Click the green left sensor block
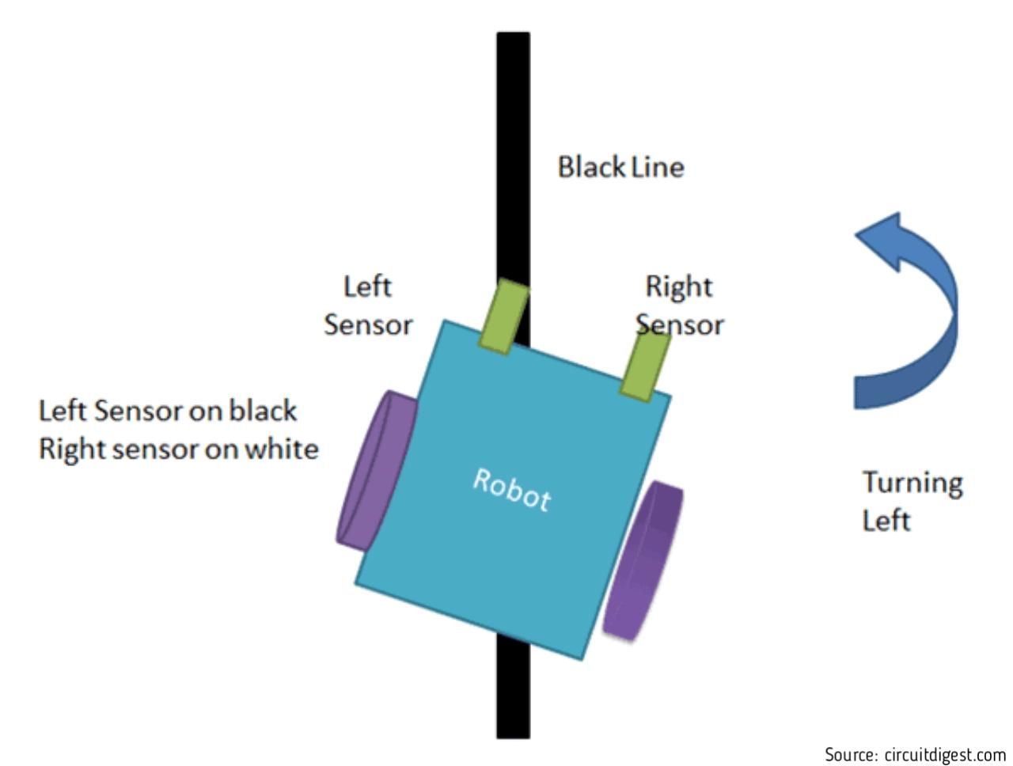point(503,317)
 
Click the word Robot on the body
point(511,490)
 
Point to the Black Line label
point(620,167)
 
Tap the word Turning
point(912,484)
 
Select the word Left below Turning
point(886,520)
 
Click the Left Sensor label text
point(368,305)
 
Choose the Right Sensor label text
point(679,305)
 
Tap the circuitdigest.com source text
point(945,754)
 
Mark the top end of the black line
point(513,33)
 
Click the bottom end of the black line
point(513,737)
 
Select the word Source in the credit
point(852,755)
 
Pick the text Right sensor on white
point(179,449)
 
